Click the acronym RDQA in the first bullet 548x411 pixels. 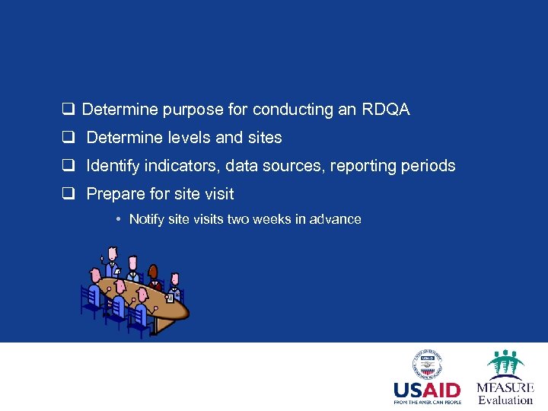(386, 110)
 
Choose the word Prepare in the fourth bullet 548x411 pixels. (113, 194)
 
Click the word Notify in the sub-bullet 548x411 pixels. (147, 219)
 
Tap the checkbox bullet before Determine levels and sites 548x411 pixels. (68, 138)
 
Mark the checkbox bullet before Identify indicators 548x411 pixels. (68, 166)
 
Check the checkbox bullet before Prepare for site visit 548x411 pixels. (68, 194)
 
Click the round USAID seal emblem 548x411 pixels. (427, 364)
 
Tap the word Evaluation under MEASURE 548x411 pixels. (505, 400)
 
